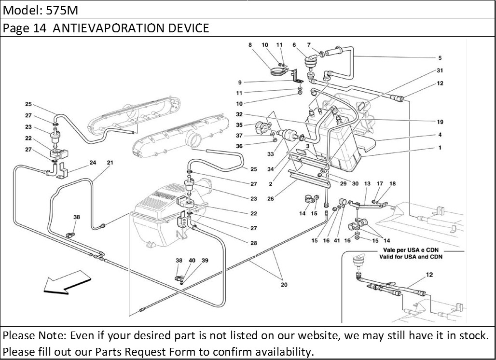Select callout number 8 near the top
click(250, 45)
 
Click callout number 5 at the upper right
click(440, 58)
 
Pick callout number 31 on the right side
click(440, 70)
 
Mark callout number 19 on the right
click(440, 122)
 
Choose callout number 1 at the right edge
click(440, 149)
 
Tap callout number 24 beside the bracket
click(93, 163)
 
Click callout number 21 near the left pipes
click(110, 163)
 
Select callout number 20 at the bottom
click(284, 285)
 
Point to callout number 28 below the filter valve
click(254, 243)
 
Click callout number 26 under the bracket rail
click(270, 198)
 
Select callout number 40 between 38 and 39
click(192, 261)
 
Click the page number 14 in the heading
click(40, 28)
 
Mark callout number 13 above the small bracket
click(367, 184)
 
